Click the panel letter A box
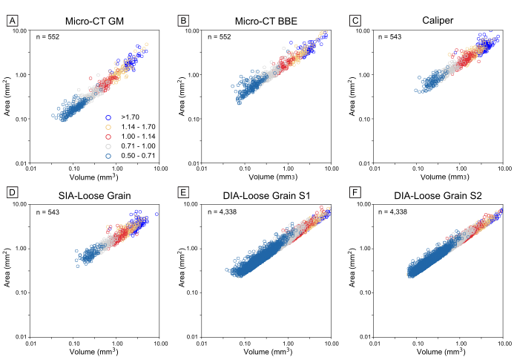(12, 22)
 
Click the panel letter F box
(360, 195)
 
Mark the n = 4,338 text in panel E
(223, 212)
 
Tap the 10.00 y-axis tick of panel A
(19, 31)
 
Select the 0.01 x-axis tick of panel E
(203, 344)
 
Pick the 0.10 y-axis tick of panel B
(194, 120)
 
